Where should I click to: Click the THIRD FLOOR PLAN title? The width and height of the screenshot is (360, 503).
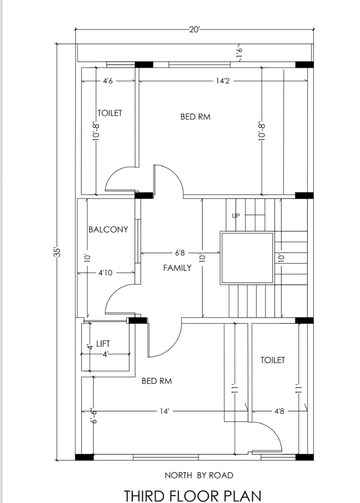click(x=193, y=496)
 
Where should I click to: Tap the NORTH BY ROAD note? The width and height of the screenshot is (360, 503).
click(x=199, y=475)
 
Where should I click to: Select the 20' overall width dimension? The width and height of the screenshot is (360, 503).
click(x=194, y=30)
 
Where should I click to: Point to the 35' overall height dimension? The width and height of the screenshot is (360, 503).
click(x=57, y=252)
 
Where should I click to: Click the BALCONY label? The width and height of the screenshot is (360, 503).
click(x=108, y=229)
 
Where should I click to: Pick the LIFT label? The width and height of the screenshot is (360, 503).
click(x=103, y=343)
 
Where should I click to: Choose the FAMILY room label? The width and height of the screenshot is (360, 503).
click(x=177, y=268)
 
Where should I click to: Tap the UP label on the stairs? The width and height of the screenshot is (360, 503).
click(x=236, y=216)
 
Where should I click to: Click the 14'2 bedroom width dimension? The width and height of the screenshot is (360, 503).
click(x=222, y=81)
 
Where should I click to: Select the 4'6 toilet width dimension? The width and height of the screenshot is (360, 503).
click(x=108, y=81)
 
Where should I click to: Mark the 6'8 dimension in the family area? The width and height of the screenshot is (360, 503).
click(x=180, y=253)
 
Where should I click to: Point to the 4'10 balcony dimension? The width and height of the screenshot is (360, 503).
click(x=105, y=273)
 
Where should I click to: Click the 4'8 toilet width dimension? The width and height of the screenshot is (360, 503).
click(x=279, y=411)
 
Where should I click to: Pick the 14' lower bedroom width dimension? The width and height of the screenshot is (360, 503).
click(x=164, y=411)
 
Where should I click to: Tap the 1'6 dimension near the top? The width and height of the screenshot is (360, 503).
click(x=239, y=53)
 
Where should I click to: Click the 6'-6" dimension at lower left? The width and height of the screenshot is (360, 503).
click(x=94, y=416)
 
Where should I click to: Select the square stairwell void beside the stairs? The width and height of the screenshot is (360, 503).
click(x=247, y=258)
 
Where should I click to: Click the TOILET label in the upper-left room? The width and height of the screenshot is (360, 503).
click(x=110, y=113)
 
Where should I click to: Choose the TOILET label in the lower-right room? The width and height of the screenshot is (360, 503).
click(x=273, y=360)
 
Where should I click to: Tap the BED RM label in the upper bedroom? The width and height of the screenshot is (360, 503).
click(x=195, y=117)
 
